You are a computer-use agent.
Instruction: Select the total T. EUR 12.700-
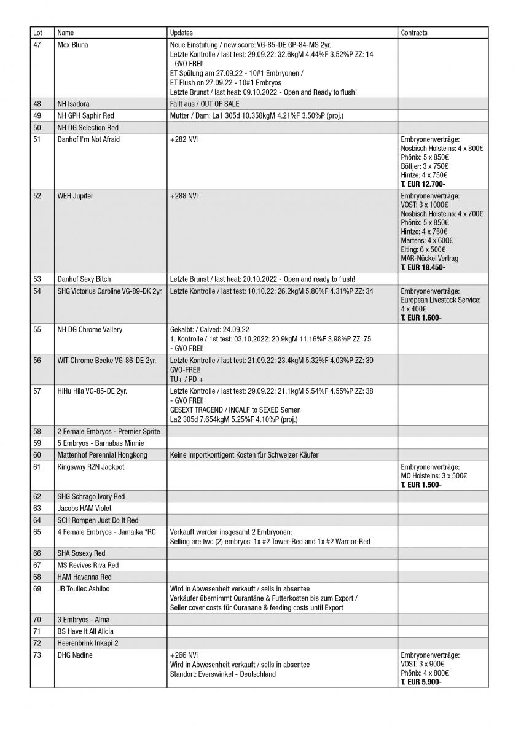tap(423, 184)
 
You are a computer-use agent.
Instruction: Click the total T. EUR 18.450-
tap(423, 267)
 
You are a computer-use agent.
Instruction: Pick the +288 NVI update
tap(184, 196)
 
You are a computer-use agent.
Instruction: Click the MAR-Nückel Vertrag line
tap(429, 259)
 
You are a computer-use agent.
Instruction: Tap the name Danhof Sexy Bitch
tap(84, 279)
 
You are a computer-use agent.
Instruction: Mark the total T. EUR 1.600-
tap(421, 318)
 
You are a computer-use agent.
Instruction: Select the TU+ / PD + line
tap(187, 380)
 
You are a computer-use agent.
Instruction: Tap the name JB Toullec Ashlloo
tap(84, 588)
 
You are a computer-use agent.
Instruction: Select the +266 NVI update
tap(184, 655)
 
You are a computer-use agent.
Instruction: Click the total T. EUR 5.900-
tap(421, 682)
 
